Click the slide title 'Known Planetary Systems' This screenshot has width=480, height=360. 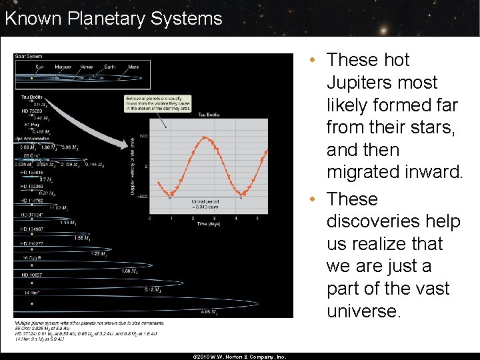coord(113,18)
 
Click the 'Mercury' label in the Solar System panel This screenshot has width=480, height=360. coord(63,67)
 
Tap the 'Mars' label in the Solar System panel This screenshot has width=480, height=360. coord(133,67)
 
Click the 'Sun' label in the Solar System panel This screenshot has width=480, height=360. coord(39,67)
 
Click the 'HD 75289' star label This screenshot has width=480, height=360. coord(32,111)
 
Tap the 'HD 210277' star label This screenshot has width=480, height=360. coord(33,243)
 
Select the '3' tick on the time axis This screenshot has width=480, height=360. coord(215,218)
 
